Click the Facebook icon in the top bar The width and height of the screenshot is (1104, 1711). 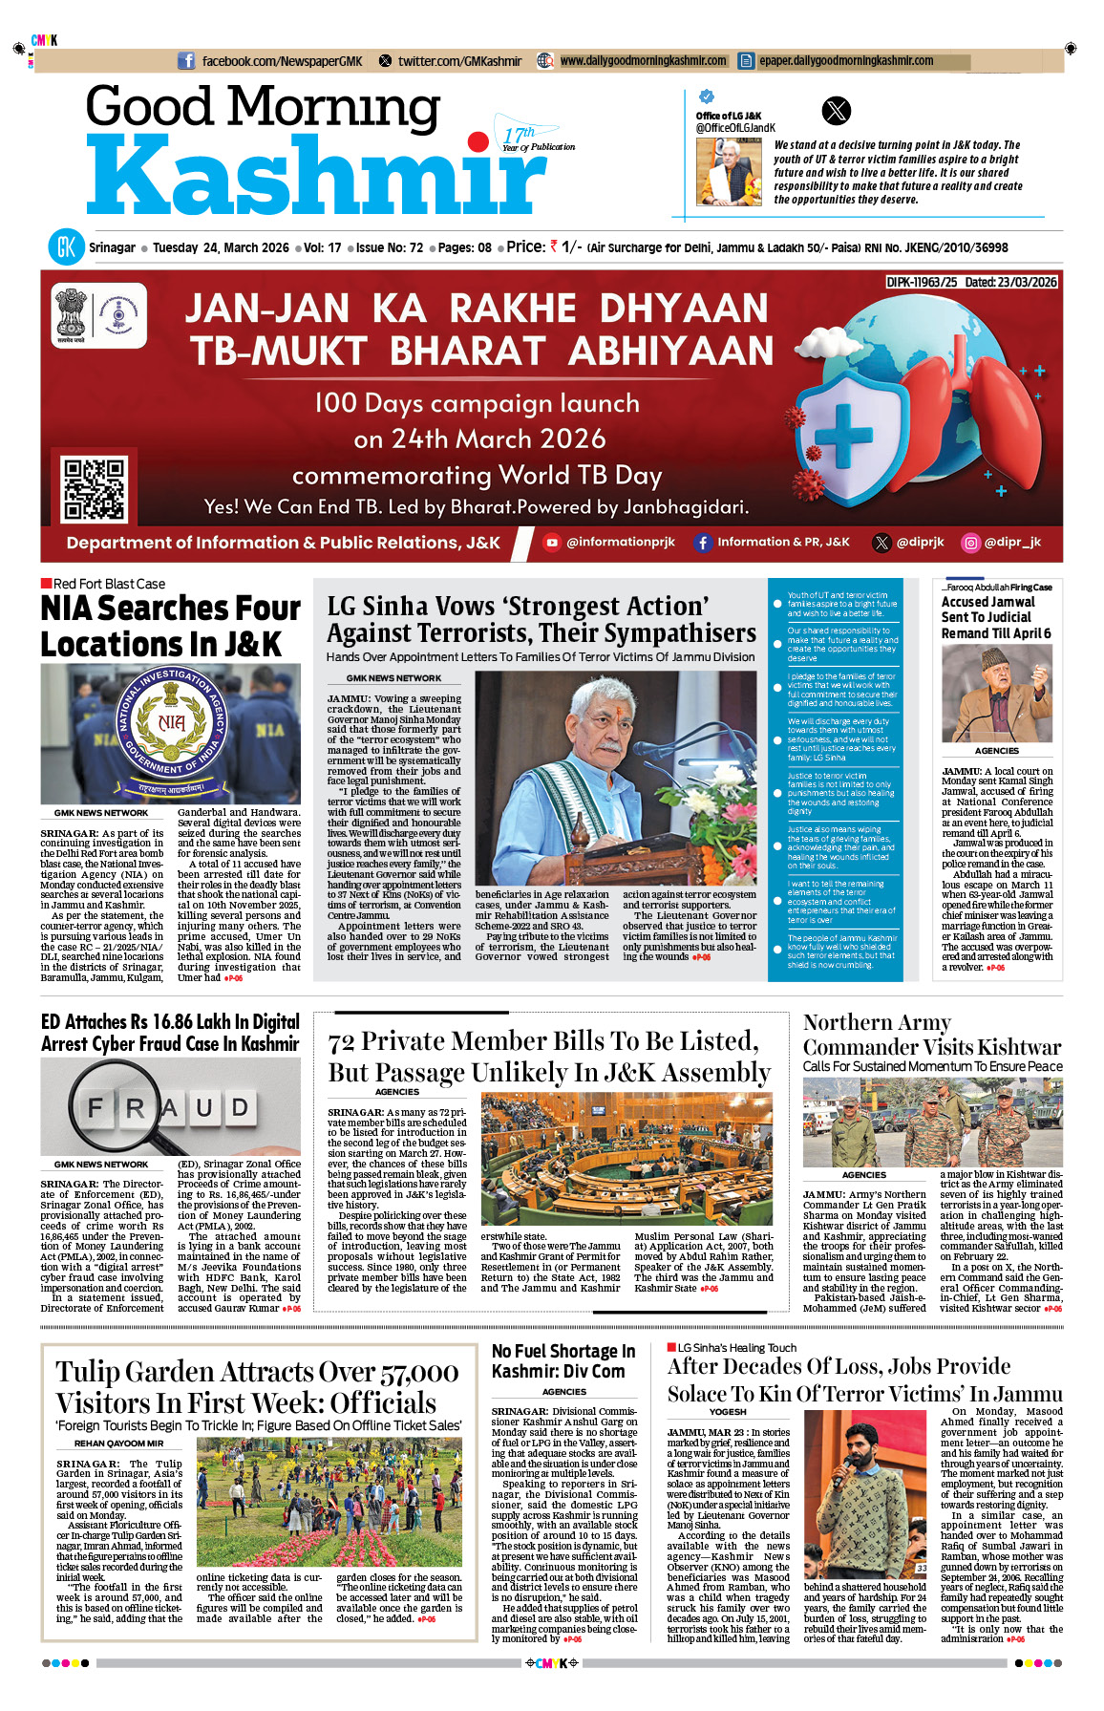point(186,61)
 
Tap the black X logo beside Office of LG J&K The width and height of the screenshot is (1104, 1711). point(836,111)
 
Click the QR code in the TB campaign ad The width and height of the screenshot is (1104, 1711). point(94,488)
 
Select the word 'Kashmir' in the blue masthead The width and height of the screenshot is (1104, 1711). point(315,177)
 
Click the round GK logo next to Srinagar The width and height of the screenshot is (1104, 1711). point(66,247)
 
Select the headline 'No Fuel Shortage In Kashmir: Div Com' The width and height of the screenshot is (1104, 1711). point(563,1361)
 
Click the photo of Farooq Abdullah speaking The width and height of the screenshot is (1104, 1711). point(996,694)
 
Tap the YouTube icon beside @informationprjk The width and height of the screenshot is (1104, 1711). point(551,543)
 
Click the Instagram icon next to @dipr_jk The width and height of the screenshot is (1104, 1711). point(970,543)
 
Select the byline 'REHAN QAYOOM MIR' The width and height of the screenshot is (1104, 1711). point(118,1444)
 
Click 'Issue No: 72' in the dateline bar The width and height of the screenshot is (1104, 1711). point(389,247)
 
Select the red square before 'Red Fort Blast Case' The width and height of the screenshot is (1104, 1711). point(46,584)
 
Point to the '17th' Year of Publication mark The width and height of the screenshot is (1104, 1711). point(520,135)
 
